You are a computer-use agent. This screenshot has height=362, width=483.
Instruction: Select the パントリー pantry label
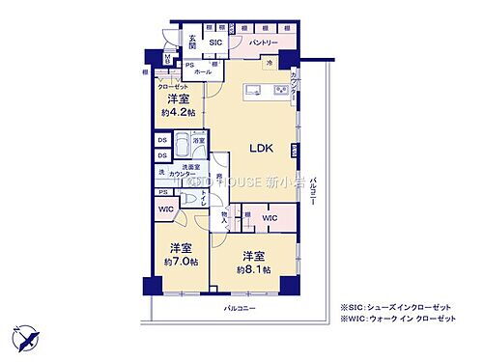(263, 43)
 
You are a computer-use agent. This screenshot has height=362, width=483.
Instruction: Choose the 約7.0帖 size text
(180, 261)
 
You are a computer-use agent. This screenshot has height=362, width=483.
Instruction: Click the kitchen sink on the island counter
(250, 92)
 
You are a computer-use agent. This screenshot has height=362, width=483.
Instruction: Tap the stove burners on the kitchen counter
(280, 92)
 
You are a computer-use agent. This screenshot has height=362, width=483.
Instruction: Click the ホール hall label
(203, 71)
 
